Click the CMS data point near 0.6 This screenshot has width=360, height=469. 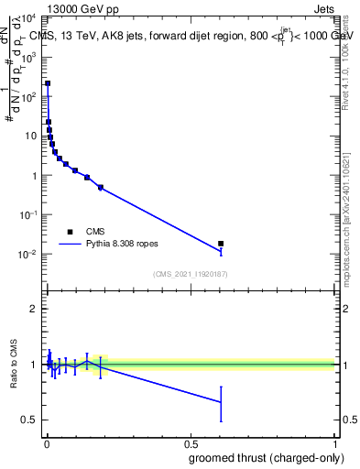[221, 244]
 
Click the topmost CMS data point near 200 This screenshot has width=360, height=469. [48, 83]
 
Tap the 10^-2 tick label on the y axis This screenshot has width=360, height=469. [30, 254]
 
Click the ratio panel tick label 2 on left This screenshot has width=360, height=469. [32, 309]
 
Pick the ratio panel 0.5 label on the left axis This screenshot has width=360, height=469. [28, 420]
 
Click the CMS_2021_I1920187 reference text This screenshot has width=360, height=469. [189, 274]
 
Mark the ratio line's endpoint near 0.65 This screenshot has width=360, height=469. [221, 401]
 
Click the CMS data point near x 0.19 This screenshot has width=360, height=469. [101, 187]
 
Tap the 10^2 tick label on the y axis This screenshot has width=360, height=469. [30, 96]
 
